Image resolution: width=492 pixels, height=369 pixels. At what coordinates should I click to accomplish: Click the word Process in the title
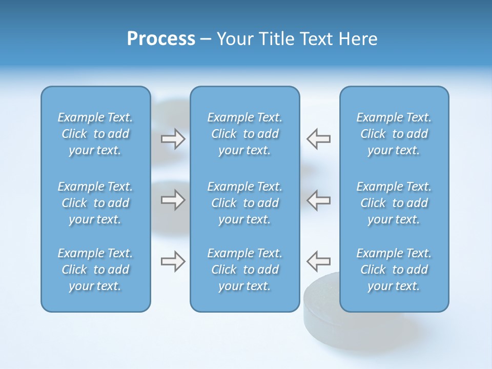coord(161,39)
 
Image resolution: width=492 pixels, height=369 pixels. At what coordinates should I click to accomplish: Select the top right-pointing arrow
coord(173,139)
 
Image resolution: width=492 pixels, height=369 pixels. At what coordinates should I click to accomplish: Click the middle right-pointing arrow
coord(173,200)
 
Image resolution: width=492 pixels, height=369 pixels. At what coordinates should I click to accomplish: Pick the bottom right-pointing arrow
coord(173,261)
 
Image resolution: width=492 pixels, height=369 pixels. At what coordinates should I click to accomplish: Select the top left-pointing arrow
coord(319,139)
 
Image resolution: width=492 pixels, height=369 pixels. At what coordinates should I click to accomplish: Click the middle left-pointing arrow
coord(319,200)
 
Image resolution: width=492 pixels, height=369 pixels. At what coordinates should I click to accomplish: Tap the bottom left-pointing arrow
coord(319,261)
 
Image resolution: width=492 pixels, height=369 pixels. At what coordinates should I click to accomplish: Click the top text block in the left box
coord(95,134)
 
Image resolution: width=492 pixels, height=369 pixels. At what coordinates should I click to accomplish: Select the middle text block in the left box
coord(95,203)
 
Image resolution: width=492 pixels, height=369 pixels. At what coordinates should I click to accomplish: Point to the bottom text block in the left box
coord(95,270)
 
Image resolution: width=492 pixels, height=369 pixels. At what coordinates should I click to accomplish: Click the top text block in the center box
coord(244,134)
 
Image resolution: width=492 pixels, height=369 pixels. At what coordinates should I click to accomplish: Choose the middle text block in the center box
coord(244,203)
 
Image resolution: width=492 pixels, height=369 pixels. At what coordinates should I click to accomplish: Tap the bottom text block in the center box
coord(244,270)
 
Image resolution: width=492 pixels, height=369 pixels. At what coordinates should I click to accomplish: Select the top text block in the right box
coord(394,134)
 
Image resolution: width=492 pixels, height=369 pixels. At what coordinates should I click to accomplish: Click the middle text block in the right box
coord(394,203)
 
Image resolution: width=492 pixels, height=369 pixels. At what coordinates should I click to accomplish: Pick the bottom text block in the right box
coord(394,270)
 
